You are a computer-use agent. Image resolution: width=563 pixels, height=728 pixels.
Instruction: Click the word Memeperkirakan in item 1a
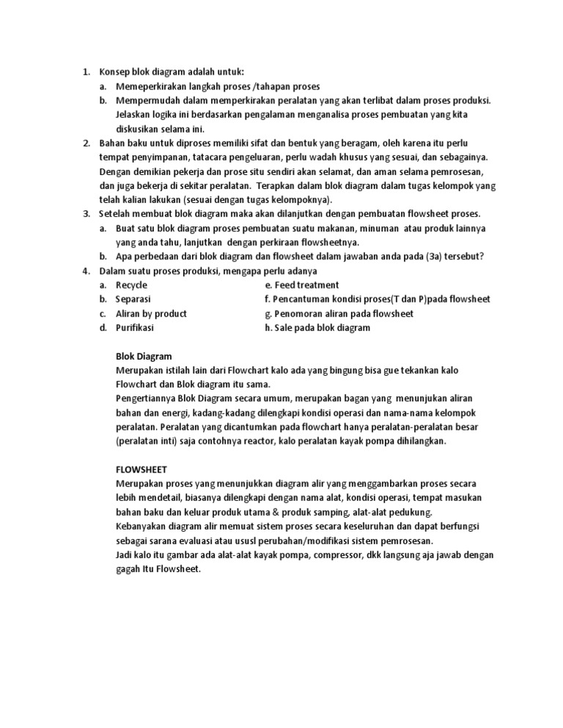pyautogui.click(x=151, y=86)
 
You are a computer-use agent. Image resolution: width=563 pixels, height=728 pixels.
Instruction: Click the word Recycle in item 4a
pyautogui.click(x=132, y=285)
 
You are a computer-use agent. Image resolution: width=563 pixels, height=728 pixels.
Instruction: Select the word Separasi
pyautogui.click(x=133, y=300)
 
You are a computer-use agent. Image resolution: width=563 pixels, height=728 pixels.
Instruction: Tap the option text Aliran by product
pyautogui.click(x=152, y=313)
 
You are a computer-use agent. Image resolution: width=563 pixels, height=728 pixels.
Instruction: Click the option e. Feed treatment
pyautogui.click(x=302, y=285)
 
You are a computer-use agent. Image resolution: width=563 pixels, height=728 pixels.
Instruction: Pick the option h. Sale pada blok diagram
pyautogui.click(x=318, y=327)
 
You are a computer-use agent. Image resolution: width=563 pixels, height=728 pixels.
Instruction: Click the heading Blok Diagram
pyautogui.click(x=144, y=356)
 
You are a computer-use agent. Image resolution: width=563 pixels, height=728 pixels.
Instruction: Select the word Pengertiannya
pyautogui.click(x=147, y=399)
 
